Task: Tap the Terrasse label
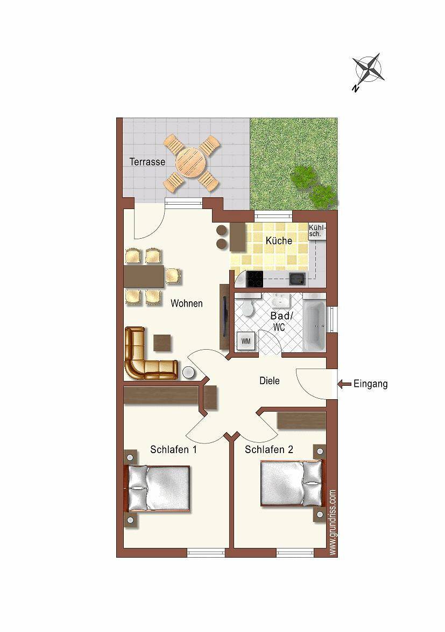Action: [147, 162]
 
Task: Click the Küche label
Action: [279, 241]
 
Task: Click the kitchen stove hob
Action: [255, 279]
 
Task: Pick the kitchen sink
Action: [297, 279]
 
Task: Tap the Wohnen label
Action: [187, 303]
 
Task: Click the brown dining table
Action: [144, 276]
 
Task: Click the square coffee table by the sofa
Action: [163, 343]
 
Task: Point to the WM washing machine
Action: [246, 341]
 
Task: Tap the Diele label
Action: [270, 381]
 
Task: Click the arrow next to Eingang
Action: [342, 384]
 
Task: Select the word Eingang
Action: [370, 384]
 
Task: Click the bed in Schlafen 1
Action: [159, 488]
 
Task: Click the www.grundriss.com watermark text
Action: [333, 522]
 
